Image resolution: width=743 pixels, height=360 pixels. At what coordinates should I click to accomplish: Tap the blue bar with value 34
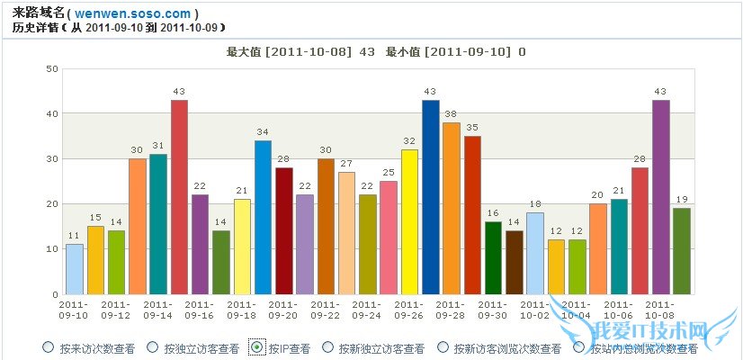264,217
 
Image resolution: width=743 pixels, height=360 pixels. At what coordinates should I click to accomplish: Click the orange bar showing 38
452,208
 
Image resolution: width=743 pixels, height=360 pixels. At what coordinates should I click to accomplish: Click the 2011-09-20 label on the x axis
284,310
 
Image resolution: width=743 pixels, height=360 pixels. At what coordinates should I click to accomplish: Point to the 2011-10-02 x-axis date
535,310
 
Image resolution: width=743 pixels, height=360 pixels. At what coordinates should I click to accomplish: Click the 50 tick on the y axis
52,68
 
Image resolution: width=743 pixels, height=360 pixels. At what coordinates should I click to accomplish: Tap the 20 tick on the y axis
52,204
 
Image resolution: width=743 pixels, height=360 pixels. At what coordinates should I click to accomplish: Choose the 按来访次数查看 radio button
48,347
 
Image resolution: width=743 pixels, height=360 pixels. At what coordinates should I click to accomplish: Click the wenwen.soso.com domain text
145,13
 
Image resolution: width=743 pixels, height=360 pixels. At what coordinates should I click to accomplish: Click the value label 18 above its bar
535,205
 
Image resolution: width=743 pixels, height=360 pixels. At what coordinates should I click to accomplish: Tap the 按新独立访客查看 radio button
327,347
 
